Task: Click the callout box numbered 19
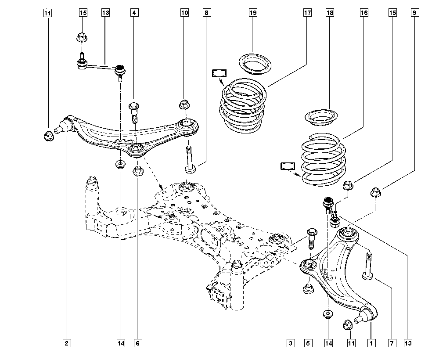coord(253,13)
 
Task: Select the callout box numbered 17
coord(307,13)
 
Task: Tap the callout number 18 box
coord(330,13)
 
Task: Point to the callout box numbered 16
coord(364,13)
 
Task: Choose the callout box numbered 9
coord(415,13)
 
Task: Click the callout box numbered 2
coord(67,343)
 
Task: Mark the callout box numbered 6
coord(138,343)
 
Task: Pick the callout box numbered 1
coord(371,343)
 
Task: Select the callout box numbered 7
coord(392,343)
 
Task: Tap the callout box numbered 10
coord(184,13)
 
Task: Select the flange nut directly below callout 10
coord(184,104)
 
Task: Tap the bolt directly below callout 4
coord(133,112)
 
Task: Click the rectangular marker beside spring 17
coord(219,73)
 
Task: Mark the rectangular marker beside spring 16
coord(288,166)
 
